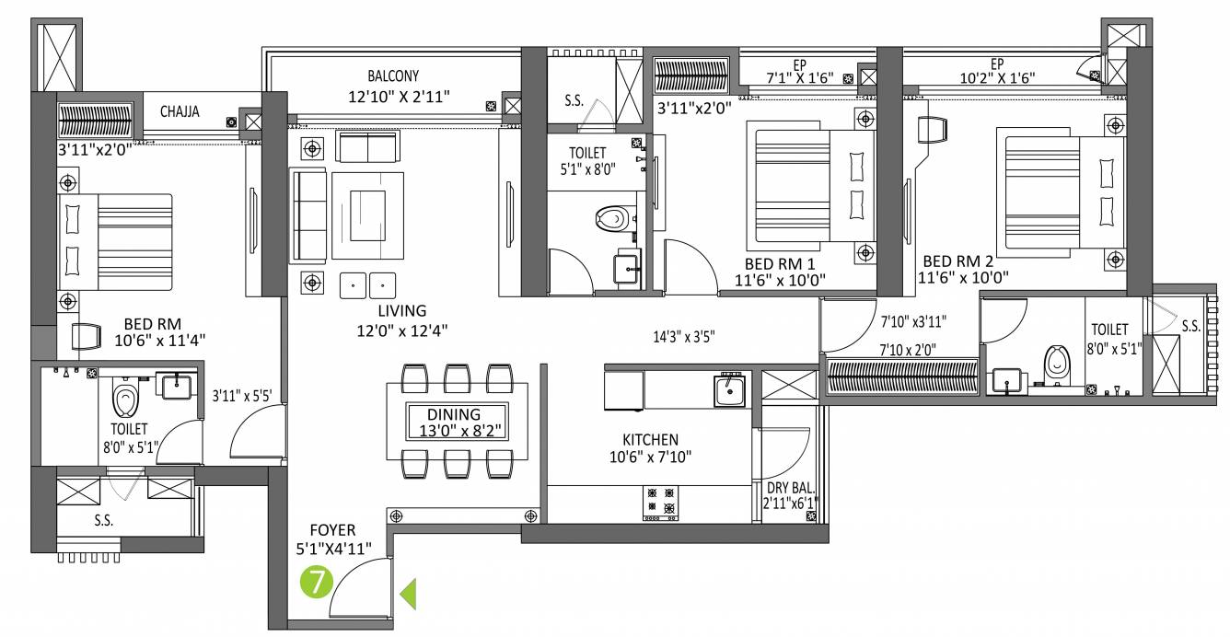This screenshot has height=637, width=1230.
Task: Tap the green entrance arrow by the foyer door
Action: click(408, 594)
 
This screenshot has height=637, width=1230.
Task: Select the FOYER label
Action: click(332, 530)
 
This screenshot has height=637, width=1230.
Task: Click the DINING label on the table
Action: click(454, 415)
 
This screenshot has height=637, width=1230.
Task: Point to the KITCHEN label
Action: click(650, 440)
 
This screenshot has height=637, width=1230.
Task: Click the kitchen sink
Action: click(731, 390)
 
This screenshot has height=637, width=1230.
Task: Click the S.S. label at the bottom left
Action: click(103, 520)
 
